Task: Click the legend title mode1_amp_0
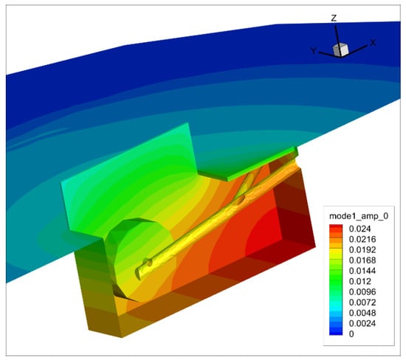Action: [359, 216]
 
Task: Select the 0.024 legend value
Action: [359, 229]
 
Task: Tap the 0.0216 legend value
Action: [362, 239]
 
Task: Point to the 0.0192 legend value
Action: [362, 250]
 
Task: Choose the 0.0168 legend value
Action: [362, 260]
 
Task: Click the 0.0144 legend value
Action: [362, 271]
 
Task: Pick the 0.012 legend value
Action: [359, 281]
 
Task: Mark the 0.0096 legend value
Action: [362, 291]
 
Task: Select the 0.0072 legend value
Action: [362, 302]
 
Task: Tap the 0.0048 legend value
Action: [362, 313]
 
